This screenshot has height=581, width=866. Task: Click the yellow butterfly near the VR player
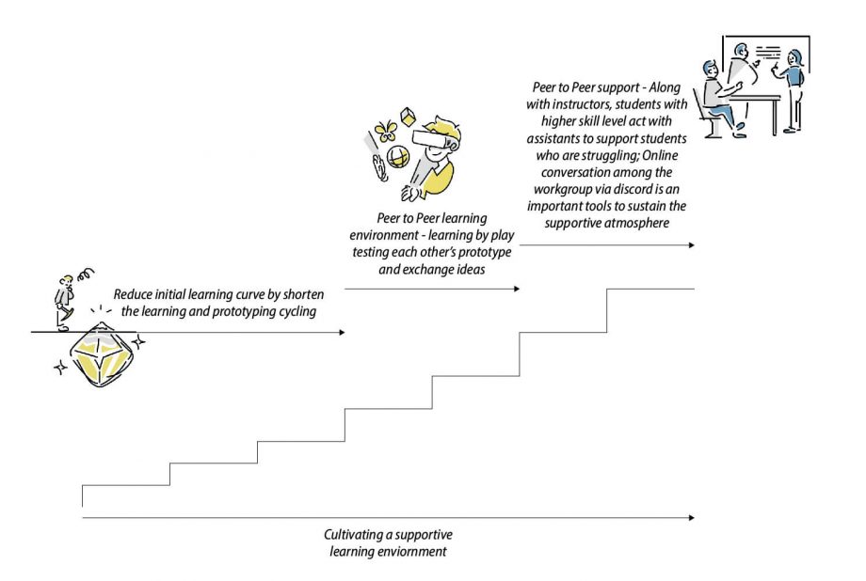tap(384, 132)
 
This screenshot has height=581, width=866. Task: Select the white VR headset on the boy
tap(430, 142)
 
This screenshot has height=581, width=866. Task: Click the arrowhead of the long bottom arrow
tap(692, 518)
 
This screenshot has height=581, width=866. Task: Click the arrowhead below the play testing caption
tap(516, 289)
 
